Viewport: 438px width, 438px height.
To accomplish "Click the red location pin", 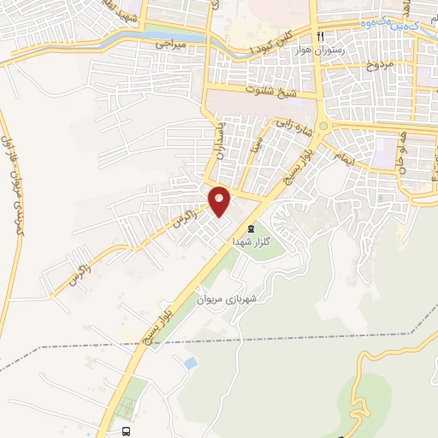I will (x=220, y=200).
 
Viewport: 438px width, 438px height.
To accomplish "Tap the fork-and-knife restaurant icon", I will (x=321, y=38).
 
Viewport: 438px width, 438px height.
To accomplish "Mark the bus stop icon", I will (x=126, y=431).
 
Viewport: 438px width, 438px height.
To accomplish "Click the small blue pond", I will (x=190, y=364).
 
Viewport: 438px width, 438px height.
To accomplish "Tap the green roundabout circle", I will (x=323, y=128).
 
